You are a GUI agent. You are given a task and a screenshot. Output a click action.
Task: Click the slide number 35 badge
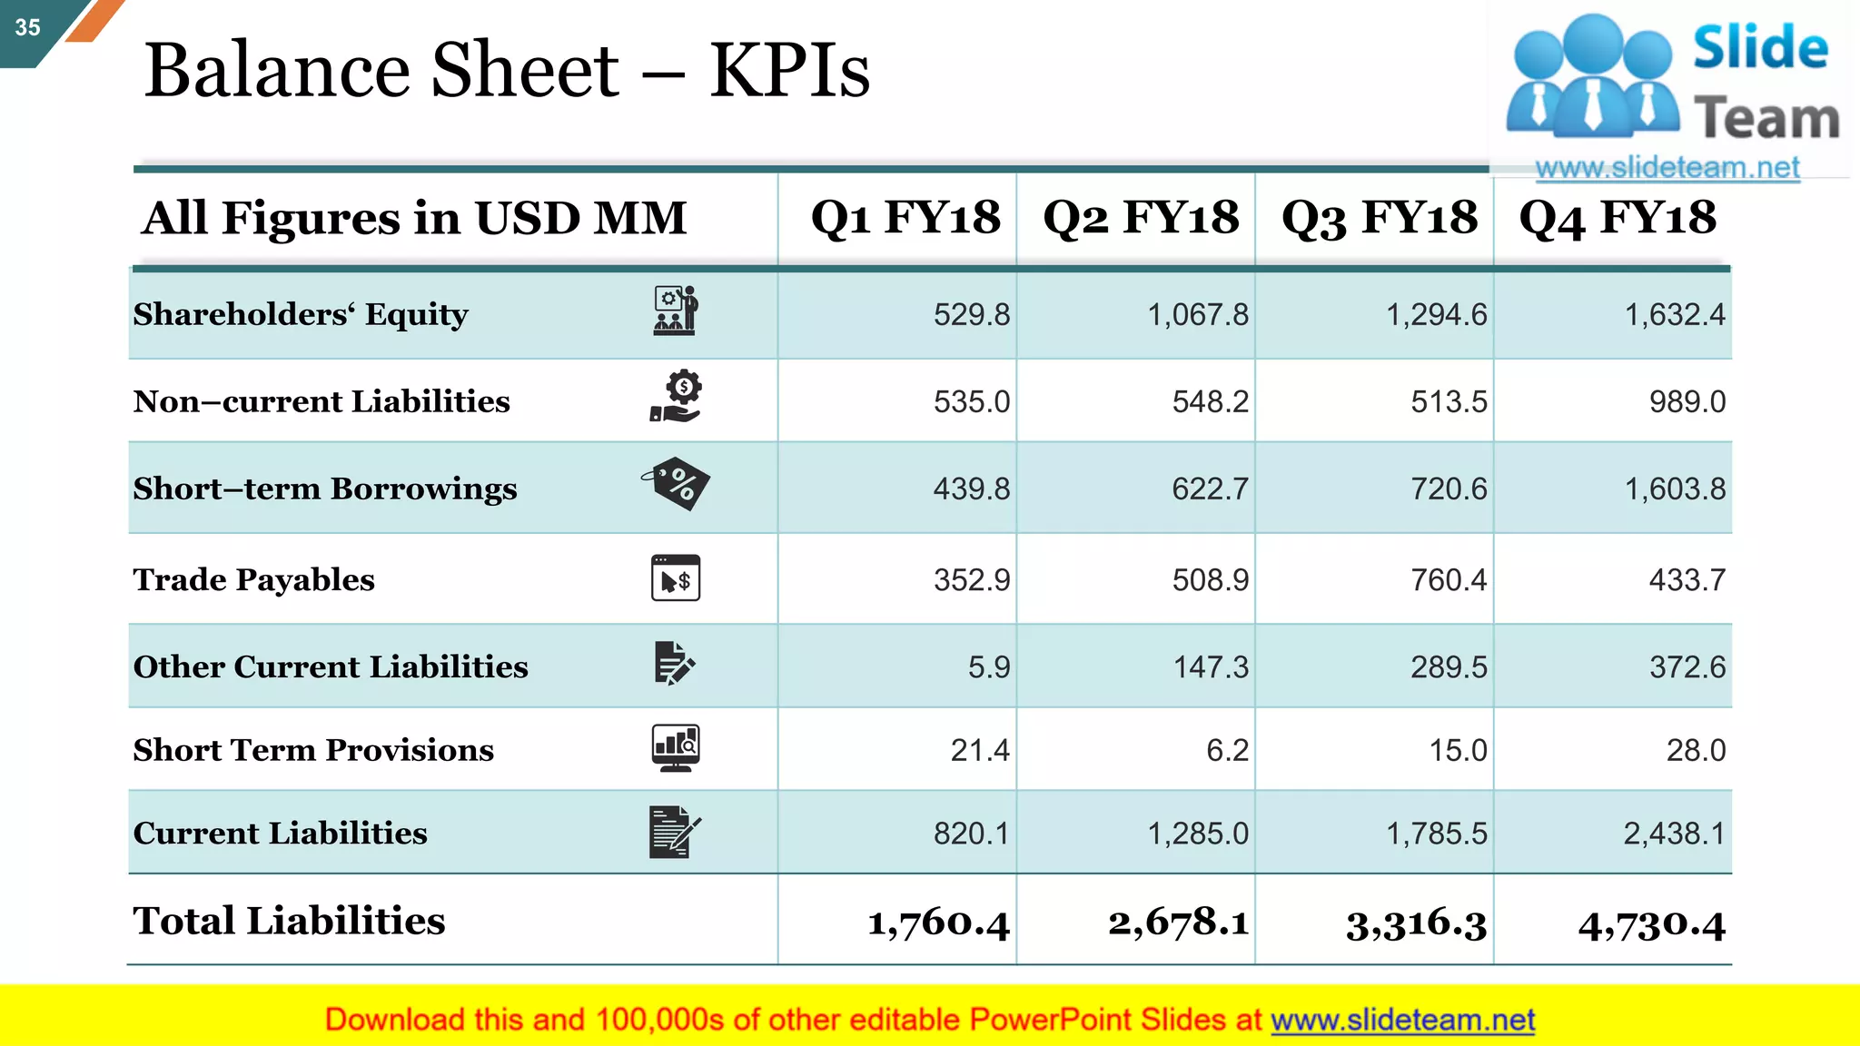coord(27,27)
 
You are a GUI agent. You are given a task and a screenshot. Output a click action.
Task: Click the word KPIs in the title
coord(789,71)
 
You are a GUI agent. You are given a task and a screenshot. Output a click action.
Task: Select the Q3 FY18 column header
coord(1379,218)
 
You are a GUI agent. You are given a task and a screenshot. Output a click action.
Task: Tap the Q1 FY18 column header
coord(905,218)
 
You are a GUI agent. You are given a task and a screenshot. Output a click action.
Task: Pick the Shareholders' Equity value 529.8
coord(971,315)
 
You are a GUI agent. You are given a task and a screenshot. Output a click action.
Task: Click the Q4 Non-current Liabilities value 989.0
coord(1687,401)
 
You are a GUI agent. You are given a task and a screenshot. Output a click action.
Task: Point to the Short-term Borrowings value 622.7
coord(1210,489)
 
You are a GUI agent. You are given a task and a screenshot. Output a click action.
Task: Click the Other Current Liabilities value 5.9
coord(988,667)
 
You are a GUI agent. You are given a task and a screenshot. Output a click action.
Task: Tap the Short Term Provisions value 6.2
coord(1227,750)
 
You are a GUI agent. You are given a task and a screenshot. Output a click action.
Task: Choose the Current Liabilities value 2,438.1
coord(1674,834)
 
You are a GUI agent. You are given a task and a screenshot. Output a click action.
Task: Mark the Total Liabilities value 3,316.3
coord(1416,924)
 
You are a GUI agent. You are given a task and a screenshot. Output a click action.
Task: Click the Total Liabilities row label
coord(289,921)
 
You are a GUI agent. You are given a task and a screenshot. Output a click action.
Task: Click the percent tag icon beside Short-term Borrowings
coord(677,483)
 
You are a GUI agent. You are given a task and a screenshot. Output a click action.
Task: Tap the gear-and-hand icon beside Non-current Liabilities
coord(677,397)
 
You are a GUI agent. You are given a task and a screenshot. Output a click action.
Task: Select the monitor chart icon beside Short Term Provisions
coord(676,748)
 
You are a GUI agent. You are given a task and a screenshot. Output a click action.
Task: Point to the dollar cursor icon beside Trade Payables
coord(676,578)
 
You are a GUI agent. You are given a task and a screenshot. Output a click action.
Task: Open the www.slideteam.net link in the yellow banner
coord(1402,1021)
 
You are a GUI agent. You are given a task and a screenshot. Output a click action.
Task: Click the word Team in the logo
coord(1766,118)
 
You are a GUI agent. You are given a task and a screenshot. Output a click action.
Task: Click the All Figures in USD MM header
coord(414,218)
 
